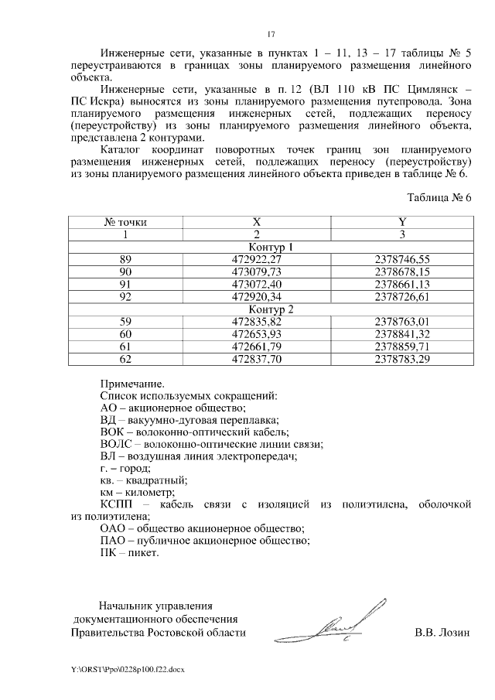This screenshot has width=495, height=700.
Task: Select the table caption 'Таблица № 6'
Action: [438, 197]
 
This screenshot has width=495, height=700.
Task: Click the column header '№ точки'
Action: [125, 222]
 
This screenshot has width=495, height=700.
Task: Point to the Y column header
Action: [401, 222]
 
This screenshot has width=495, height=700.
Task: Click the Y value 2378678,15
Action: [401, 272]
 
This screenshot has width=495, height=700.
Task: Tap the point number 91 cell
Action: [125, 285]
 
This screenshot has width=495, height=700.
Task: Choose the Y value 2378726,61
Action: [401, 296]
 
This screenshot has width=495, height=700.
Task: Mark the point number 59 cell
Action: [125, 321]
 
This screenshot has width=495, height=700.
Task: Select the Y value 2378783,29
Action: [401, 358]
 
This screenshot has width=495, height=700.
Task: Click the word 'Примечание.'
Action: [132, 382]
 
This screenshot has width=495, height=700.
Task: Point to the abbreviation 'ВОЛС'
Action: [118, 444]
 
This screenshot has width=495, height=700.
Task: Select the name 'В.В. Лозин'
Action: [442, 633]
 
